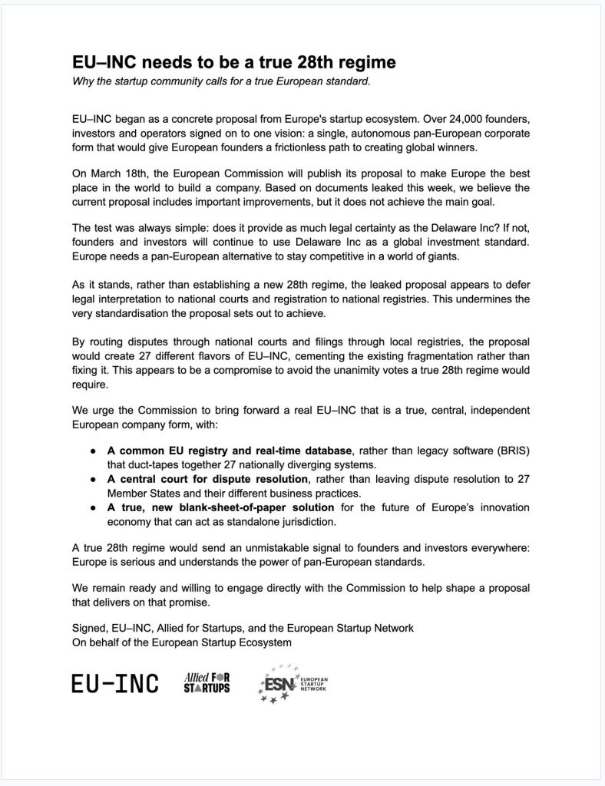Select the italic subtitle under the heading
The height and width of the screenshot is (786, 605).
[221, 81]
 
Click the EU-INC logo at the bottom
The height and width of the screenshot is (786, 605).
[115, 683]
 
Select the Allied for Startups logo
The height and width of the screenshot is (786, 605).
[207, 682]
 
